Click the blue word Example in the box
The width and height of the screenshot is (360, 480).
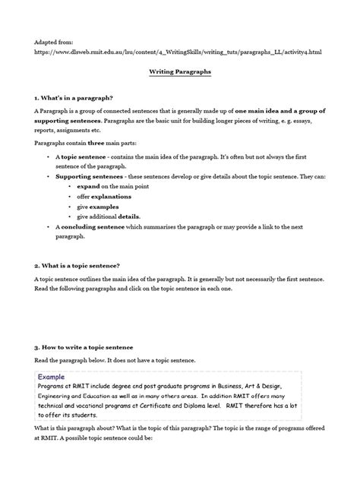pyautogui.click(x=56, y=376)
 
